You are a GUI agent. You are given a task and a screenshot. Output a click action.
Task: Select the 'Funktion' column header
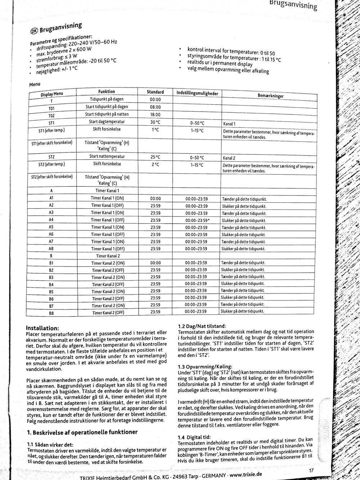[107, 92]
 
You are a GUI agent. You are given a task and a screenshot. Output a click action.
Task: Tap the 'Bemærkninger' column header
[270, 96]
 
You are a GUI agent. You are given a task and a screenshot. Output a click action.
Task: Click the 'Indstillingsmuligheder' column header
[197, 93]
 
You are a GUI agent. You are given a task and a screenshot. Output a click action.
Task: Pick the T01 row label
[51, 108]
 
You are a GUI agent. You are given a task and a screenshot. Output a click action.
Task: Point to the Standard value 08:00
[155, 107]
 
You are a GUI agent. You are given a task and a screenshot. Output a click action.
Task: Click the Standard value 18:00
[155, 115]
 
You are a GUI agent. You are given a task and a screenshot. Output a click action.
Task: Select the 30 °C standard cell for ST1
[155, 122]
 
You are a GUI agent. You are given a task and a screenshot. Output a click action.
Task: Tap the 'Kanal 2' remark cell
[229, 158]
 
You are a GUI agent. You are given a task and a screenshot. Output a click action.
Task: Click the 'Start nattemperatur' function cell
[107, 156]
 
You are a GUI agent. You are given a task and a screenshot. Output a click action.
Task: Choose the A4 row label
[51, 220]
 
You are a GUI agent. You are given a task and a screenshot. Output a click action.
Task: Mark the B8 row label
[51, 313]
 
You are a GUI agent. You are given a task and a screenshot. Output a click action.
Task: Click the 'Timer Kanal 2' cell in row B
[108, 256]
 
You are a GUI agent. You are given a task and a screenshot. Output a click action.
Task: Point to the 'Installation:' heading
[42, 328]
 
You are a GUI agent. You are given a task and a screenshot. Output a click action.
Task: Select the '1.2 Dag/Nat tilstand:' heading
[202, 326]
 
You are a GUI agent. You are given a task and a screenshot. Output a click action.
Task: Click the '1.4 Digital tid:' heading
[194, 437]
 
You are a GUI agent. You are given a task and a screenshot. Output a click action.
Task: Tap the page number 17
[311, 471]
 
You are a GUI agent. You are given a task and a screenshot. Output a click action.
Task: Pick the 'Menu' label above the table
[35, 85]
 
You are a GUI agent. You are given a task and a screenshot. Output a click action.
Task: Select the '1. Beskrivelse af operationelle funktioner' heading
[82, 432]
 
